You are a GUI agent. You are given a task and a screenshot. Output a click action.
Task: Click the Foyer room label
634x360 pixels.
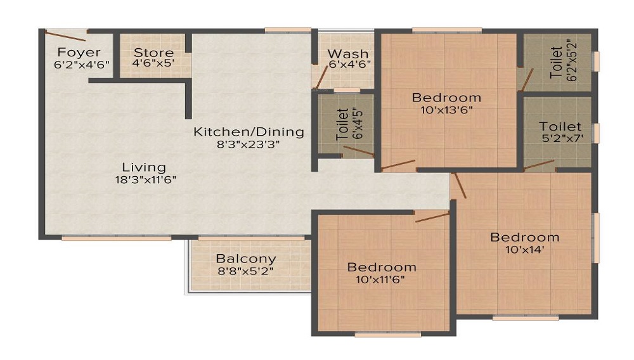[79, 52]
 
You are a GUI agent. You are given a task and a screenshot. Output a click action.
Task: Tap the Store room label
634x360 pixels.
[153, 53]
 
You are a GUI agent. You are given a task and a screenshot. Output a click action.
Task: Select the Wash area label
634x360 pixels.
[347, 54]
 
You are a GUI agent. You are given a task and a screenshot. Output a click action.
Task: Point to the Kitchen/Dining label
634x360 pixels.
[249, 132]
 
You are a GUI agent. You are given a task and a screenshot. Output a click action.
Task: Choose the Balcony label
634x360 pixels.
[246, 259]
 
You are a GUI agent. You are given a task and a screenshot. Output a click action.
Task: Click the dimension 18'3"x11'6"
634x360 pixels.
[146, 179]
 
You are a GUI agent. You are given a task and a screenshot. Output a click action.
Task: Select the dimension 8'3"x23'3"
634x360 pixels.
[249, 145]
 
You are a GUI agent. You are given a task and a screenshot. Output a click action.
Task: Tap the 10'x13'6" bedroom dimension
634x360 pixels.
[446, 110]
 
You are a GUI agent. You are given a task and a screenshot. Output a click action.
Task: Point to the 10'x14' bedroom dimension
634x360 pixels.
[524, 249]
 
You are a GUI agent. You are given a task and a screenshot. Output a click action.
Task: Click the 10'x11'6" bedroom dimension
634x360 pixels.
[380, 280]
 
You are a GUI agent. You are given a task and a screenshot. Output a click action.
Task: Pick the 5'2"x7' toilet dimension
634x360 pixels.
[562, 138]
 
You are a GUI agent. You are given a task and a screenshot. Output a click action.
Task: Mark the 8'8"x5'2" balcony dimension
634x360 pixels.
[245, 271]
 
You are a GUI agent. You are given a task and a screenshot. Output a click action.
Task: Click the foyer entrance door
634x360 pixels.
[65, 35]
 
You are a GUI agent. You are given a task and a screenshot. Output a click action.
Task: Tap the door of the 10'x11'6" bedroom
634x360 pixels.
[432, 217]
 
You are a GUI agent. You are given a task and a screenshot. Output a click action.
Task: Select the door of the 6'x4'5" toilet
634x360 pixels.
[359, 151]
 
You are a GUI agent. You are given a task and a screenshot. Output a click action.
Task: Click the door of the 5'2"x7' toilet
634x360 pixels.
[539, 164]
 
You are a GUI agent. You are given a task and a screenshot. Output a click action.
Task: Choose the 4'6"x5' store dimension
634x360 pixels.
[153, 63]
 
